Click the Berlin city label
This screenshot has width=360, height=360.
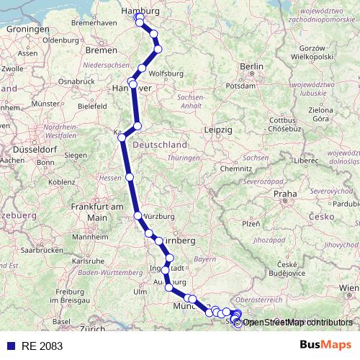tap(248, 66)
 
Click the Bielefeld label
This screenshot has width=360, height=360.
tap(92, 105)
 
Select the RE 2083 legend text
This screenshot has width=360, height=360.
tap(42, 346)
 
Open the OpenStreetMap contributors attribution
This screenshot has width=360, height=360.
tap(297, 322)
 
